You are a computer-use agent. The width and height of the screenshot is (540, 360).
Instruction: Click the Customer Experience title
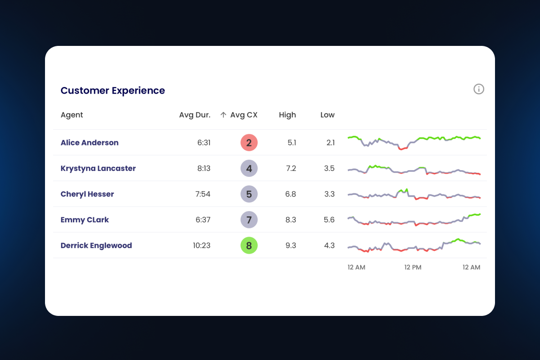pos(112,90)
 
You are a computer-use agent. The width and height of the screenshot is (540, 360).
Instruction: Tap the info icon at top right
pos(479,89)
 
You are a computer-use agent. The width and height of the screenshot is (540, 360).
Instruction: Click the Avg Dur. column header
pos(194,115)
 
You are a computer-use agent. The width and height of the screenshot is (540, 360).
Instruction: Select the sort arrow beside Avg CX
pos(223,115)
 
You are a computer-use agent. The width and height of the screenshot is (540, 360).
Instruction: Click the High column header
pos(287,115)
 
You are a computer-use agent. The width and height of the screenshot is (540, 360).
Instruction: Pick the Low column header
pos(327,115)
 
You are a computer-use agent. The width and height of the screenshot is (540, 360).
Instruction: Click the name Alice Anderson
pos(90,143)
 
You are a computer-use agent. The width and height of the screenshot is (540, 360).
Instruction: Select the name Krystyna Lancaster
pos(98,168)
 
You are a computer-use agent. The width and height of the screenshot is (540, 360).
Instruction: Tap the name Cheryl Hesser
pos(87,194)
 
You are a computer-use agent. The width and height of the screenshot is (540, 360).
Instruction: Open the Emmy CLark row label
pos(85,220)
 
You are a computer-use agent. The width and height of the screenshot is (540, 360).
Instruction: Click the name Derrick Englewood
pos(96,245)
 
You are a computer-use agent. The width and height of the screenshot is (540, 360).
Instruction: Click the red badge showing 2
pos(249,143)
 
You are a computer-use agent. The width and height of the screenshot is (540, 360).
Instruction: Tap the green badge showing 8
pos(249,245)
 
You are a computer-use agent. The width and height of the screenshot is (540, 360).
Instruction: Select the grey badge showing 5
pos(249,194)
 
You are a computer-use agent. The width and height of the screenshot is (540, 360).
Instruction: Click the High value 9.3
pos(291,245)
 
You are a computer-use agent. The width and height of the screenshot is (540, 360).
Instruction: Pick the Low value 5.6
pos(329,220)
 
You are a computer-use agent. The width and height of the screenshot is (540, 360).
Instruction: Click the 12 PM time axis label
pos(413,267)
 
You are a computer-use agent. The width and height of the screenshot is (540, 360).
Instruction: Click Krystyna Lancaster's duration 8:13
pos(203,168)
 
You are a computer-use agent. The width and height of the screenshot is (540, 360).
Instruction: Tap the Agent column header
pos(72,115)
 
